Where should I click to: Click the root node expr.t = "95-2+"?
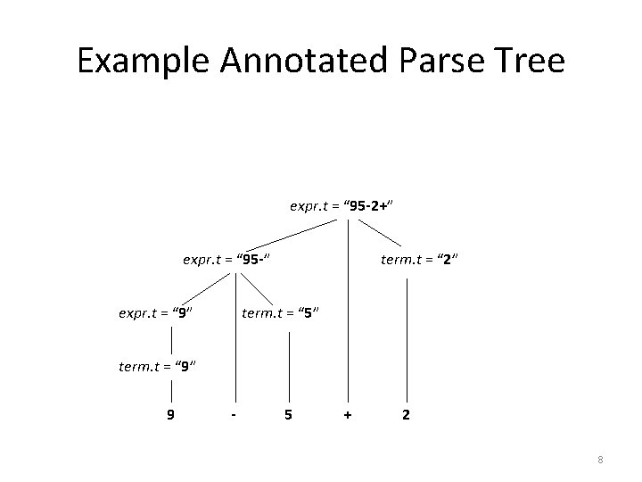tap(342, 206)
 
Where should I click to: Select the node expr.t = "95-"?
tap(226, 260)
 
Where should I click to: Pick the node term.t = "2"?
tap(419, 260)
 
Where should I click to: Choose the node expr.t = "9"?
tap(157, 313)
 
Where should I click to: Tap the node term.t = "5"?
tap(280, 313)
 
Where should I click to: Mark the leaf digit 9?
tap(169, 414)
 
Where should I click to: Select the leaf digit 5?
tap(286, 414)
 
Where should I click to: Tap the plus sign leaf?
tap(348, 414)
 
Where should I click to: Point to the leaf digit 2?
tap(407, 414)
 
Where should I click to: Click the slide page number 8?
tap(600, 460)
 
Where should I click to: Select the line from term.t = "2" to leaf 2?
tap(407, 339)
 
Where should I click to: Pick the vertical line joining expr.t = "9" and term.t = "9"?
tap(171, 339)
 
